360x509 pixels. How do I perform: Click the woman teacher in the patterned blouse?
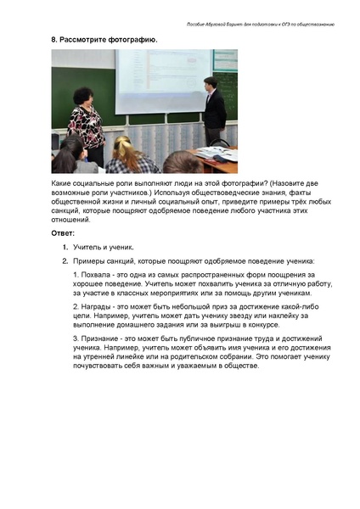coord(86,119)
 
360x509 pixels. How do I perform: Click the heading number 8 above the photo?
coord(53,40)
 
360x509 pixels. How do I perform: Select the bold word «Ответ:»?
coord(63,232)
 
